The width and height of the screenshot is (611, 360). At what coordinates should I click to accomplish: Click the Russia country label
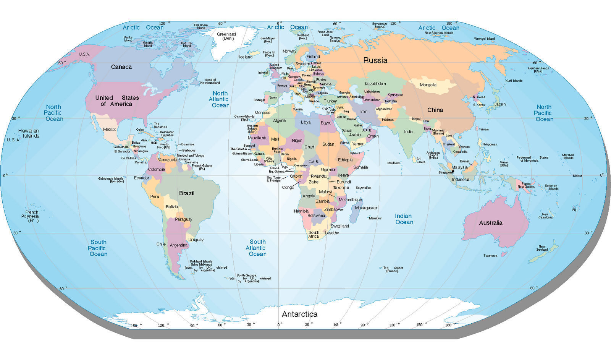375,60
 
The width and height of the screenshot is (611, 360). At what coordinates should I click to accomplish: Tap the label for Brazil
187,193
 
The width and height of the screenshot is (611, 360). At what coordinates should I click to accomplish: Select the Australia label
491,223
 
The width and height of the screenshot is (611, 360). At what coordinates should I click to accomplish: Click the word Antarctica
300,314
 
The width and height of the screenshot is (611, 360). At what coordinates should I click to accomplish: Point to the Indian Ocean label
404,219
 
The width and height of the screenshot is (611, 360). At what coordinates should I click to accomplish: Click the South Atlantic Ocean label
257,248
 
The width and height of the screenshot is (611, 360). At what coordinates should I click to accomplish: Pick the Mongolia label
428,85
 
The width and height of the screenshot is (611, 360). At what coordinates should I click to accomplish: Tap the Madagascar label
366,208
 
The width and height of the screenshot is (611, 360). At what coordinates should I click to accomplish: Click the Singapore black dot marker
453,172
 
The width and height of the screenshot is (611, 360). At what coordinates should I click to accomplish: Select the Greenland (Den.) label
226,36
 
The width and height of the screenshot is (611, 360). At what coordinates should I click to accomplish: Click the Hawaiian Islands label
29,133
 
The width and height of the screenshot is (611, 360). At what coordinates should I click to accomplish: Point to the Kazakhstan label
375,84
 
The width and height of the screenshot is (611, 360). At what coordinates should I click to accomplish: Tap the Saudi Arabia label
351,133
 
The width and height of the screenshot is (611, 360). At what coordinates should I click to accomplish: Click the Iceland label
246,57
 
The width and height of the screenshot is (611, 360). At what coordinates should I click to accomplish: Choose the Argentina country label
178,245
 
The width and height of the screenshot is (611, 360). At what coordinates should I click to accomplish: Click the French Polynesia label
31,216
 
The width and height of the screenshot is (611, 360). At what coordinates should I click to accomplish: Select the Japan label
499,104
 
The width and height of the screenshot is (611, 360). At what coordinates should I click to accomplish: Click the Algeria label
279,121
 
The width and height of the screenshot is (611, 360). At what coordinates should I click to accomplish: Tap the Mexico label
109,130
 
